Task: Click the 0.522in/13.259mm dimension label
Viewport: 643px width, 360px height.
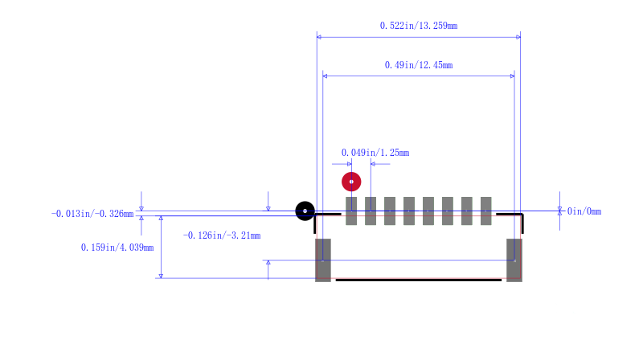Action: pos(419,26)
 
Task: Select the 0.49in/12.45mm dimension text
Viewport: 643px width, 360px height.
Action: pos(419,65)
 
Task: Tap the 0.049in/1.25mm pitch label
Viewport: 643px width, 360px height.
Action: pos(375,153)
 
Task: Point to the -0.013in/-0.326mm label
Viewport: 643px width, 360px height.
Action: pos(92,214)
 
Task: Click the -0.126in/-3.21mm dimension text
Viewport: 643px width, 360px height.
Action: pos(222,235)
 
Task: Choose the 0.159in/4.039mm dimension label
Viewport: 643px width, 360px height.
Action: pos(117,247)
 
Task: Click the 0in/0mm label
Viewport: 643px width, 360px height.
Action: pos(584,211)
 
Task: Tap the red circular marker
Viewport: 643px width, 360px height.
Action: pos(351,182)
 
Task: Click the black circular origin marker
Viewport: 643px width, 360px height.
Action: pos(305,211)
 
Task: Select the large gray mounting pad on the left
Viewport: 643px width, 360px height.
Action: pos(323,260)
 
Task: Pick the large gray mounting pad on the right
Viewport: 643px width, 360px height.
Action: pos(514,260)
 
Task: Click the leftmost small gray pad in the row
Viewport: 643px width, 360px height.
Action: pos(351,211)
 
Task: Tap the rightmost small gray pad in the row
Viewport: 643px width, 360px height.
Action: pos(486,211)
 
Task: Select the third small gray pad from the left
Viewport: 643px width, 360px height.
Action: pos(390,211)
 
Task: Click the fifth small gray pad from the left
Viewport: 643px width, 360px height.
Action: pos(428,211)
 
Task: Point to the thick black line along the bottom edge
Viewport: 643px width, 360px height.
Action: pos(419,280)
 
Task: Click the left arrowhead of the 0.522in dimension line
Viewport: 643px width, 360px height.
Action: pos(319,37)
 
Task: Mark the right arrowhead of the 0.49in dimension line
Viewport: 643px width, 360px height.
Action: pos(512,76)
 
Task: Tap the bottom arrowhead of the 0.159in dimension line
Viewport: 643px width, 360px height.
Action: pos(162,276)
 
